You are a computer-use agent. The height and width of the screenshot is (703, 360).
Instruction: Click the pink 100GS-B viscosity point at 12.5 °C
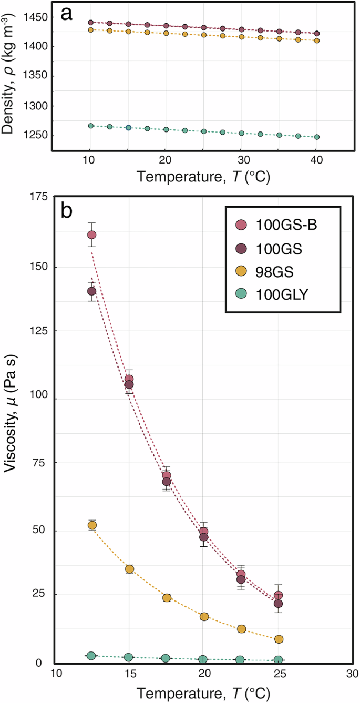click(91, 235)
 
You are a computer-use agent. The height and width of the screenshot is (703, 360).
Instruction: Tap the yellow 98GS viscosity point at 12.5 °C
click(92, 525)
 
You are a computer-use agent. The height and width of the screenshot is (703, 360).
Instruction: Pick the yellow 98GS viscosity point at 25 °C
click(279, 639)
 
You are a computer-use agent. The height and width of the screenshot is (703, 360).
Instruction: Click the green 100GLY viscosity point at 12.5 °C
click(91, 656)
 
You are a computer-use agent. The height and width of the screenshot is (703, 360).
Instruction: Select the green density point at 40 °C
click(316, 137)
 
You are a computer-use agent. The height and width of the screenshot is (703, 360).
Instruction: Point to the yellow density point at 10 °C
click(90, 30)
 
